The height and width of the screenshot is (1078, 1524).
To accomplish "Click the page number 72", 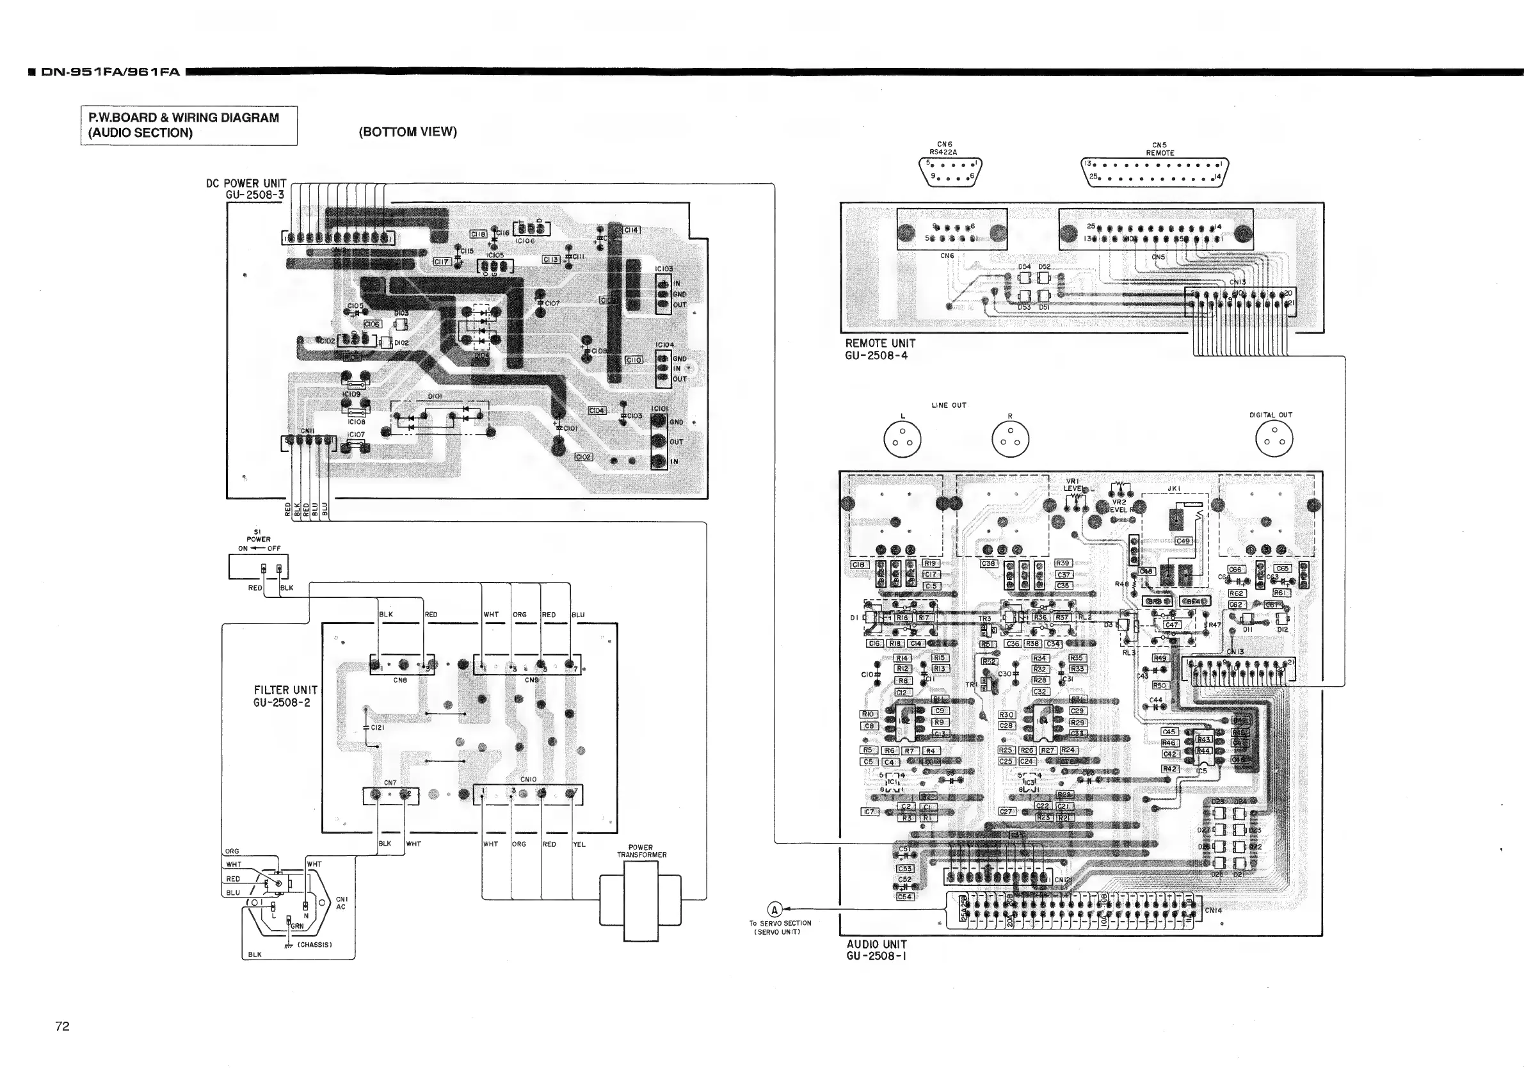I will coord(61,1026).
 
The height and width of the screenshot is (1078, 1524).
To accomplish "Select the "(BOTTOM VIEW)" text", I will coord(408,131).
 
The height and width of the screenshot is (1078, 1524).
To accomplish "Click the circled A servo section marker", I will coord(774,910).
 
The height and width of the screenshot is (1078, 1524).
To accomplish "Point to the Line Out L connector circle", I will coord(902,439).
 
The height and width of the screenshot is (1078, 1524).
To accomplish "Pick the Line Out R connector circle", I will coord(1009,439).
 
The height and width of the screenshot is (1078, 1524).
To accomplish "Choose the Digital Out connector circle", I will coord(1274,439).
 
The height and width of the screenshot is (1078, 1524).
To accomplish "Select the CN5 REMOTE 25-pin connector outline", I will coord(1155,172).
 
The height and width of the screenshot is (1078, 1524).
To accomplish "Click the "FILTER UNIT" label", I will coord(285,690).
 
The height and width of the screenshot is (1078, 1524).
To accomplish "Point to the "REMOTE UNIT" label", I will coord(880,343).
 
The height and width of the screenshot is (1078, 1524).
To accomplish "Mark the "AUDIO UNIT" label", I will coord(876,944).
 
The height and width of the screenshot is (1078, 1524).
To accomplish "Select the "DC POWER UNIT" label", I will coord(246,183).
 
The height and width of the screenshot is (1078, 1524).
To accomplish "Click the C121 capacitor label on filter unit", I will coord(378,727).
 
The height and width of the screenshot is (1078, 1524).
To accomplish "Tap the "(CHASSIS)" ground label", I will coord(315,945).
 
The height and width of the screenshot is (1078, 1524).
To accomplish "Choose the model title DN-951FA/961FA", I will coord(110,72).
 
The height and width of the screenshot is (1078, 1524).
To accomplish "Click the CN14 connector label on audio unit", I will coord(1214,910).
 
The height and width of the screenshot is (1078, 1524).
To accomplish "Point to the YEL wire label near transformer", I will coord(579,844).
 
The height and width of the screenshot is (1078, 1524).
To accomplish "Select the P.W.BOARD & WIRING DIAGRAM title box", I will coord(189,125).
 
